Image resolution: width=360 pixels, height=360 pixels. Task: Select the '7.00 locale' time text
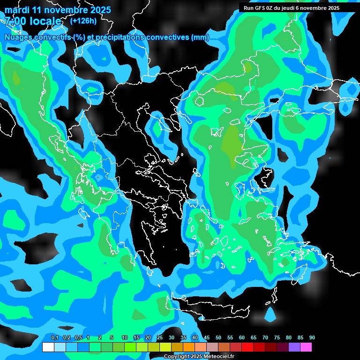(33, 21)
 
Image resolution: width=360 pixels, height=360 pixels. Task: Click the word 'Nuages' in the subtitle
(19, 37)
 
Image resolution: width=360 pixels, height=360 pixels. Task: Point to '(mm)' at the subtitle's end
(200, 37)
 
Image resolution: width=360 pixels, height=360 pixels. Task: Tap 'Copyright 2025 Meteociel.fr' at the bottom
(199, 356)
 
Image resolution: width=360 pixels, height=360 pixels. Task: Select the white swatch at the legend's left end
(48, 347)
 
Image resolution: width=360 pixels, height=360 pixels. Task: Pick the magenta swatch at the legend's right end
(306, 347)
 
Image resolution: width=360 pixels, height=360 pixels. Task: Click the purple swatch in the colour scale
(294, 347)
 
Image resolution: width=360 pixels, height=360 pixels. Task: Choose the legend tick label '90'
(312, 338)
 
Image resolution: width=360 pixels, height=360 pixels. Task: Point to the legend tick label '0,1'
(54, 338)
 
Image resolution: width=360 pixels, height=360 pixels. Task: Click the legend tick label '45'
(207, 338)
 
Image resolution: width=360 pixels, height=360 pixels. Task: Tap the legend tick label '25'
(160, 338)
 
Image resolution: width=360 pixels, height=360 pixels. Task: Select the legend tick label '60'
(242, 338)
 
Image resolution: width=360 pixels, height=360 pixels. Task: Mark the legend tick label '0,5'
(78, 338)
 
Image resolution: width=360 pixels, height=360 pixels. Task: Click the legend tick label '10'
(125, 338)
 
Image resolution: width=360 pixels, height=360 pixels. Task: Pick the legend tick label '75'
(277, 338)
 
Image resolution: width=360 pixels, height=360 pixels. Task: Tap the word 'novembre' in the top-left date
(64, 10)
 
